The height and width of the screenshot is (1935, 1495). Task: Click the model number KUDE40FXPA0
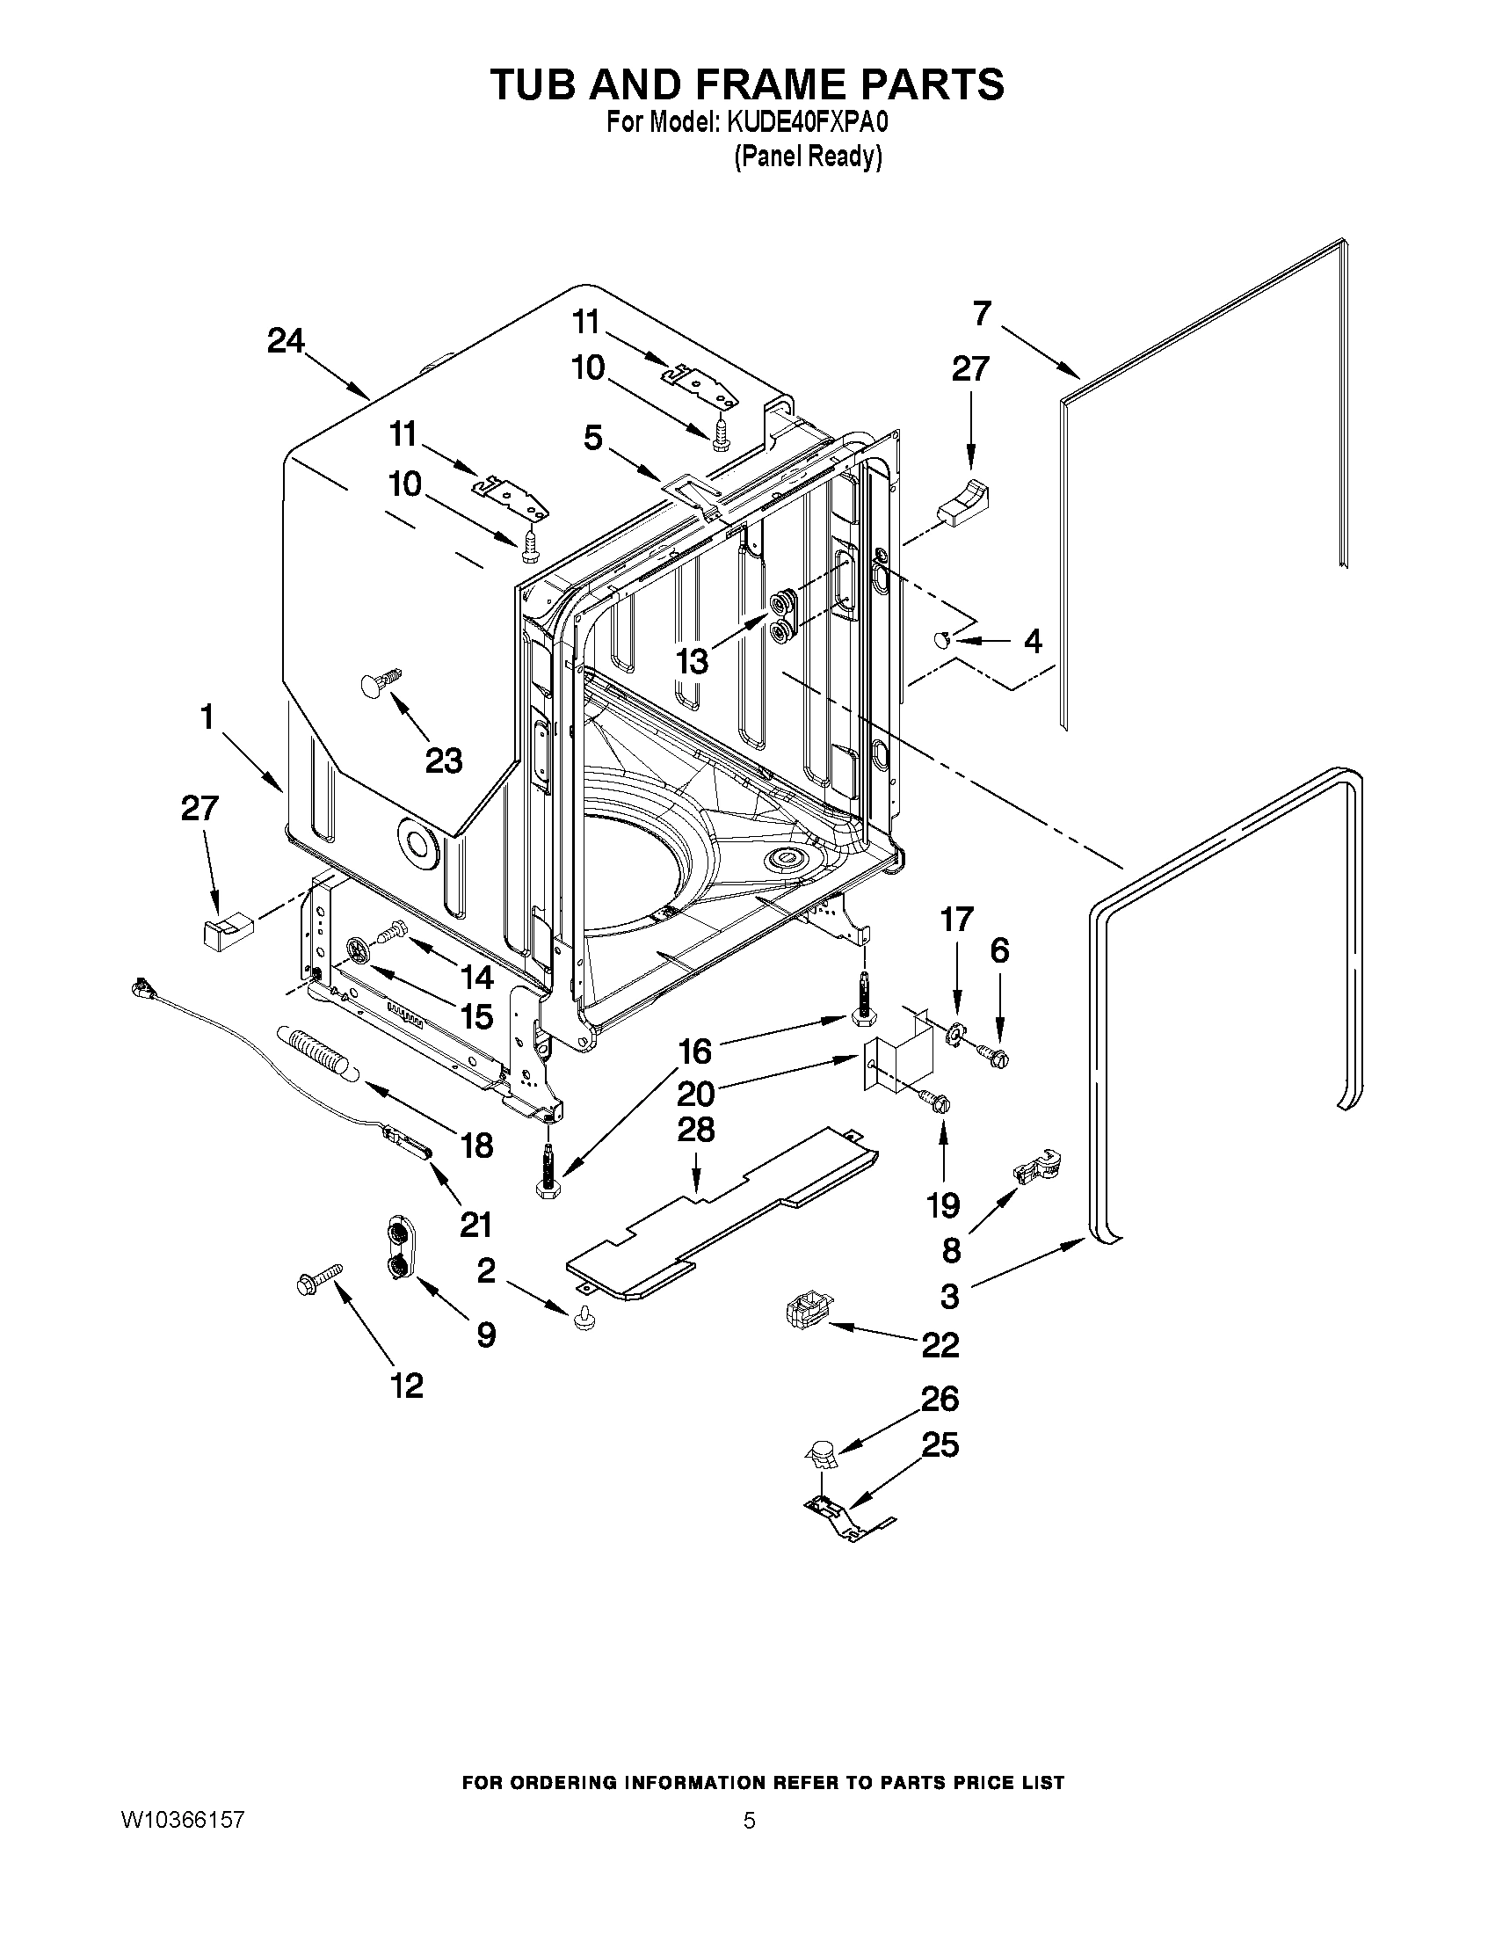(x=807, y=123)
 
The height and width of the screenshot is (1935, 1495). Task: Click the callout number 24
(x=285, y=341)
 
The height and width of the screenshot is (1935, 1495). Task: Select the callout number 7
(x=981, y=314)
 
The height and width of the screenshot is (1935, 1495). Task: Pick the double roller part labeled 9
(x=399, y=1248)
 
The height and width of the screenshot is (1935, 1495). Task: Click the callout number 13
(x=693, y=661)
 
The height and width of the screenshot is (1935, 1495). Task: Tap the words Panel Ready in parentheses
(x=808, y=156)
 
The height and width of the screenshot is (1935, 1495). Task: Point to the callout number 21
(x=475, y=1224)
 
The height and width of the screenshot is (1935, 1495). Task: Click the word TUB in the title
(x=533, y=84)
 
